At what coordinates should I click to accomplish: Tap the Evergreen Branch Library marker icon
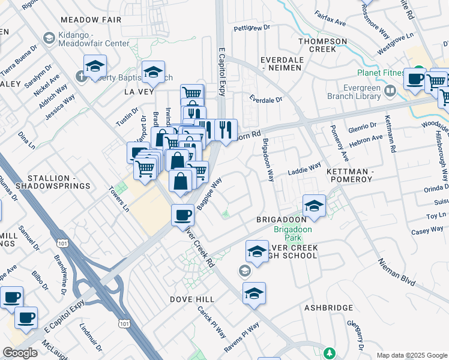pos(390,91)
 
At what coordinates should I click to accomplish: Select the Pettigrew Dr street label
pos(251,28)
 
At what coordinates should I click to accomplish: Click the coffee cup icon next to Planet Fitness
pos(414,79)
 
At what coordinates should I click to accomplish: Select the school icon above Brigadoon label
pos(313,206)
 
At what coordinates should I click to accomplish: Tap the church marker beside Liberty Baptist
pos(82,77)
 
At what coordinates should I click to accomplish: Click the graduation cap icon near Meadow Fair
pos(95,66)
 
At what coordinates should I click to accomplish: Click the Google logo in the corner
pos(20,353)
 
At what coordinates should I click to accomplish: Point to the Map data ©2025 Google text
pos(411,355)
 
